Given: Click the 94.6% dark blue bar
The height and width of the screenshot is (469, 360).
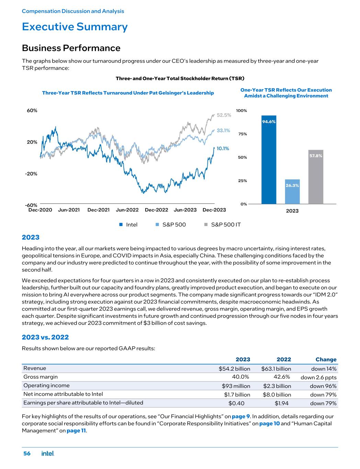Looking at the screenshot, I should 269,160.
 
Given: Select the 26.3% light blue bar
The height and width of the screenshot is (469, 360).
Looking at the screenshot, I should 292,192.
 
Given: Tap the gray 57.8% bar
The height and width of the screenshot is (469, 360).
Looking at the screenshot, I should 316,177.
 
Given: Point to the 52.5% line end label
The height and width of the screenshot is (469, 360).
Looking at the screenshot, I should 224,115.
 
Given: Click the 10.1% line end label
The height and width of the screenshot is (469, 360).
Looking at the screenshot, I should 223,148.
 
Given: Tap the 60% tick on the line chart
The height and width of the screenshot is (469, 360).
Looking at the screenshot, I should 32,111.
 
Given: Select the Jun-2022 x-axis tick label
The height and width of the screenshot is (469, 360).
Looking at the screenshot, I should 127,210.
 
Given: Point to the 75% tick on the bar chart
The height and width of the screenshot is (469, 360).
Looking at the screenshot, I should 243,134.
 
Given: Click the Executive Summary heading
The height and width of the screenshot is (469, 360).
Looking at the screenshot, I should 75,27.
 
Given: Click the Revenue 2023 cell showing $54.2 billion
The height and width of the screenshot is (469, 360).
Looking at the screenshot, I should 234,369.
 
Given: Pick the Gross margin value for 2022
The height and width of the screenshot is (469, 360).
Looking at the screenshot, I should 283,377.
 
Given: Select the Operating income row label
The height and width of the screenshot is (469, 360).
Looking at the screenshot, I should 46,386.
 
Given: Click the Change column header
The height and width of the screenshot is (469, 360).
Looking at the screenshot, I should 326,359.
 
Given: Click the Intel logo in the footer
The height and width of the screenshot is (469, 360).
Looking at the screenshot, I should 48,454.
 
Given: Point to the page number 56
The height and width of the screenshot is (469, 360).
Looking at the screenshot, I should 27,454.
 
